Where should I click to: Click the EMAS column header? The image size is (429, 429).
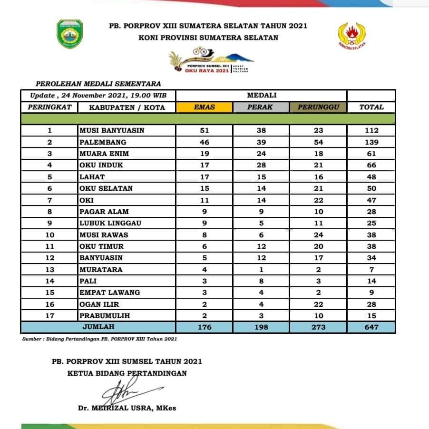click(205, 107)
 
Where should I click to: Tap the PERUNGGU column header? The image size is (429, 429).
click(318, 107)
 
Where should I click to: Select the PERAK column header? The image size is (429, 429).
click(261, 107)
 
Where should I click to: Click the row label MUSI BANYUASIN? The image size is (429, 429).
click(112, 130)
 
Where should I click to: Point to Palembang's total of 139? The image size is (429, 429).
click(371, 142)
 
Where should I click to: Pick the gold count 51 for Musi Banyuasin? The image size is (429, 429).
click(205, 130)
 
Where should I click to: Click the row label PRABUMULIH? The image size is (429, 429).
click(105, 315)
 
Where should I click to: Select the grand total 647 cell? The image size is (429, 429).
click(371, 327)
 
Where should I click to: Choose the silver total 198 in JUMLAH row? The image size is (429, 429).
click(261, 327)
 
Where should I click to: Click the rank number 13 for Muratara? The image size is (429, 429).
click(49, 269)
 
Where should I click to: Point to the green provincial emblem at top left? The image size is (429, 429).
click(70, 33)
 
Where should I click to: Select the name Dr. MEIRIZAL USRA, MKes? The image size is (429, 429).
click(127, 408)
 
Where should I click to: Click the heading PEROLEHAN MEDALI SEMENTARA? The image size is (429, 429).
click(96, 83)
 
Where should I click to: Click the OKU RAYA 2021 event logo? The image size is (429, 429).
click(212, 61)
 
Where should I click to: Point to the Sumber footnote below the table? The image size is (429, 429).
click(100, 339)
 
